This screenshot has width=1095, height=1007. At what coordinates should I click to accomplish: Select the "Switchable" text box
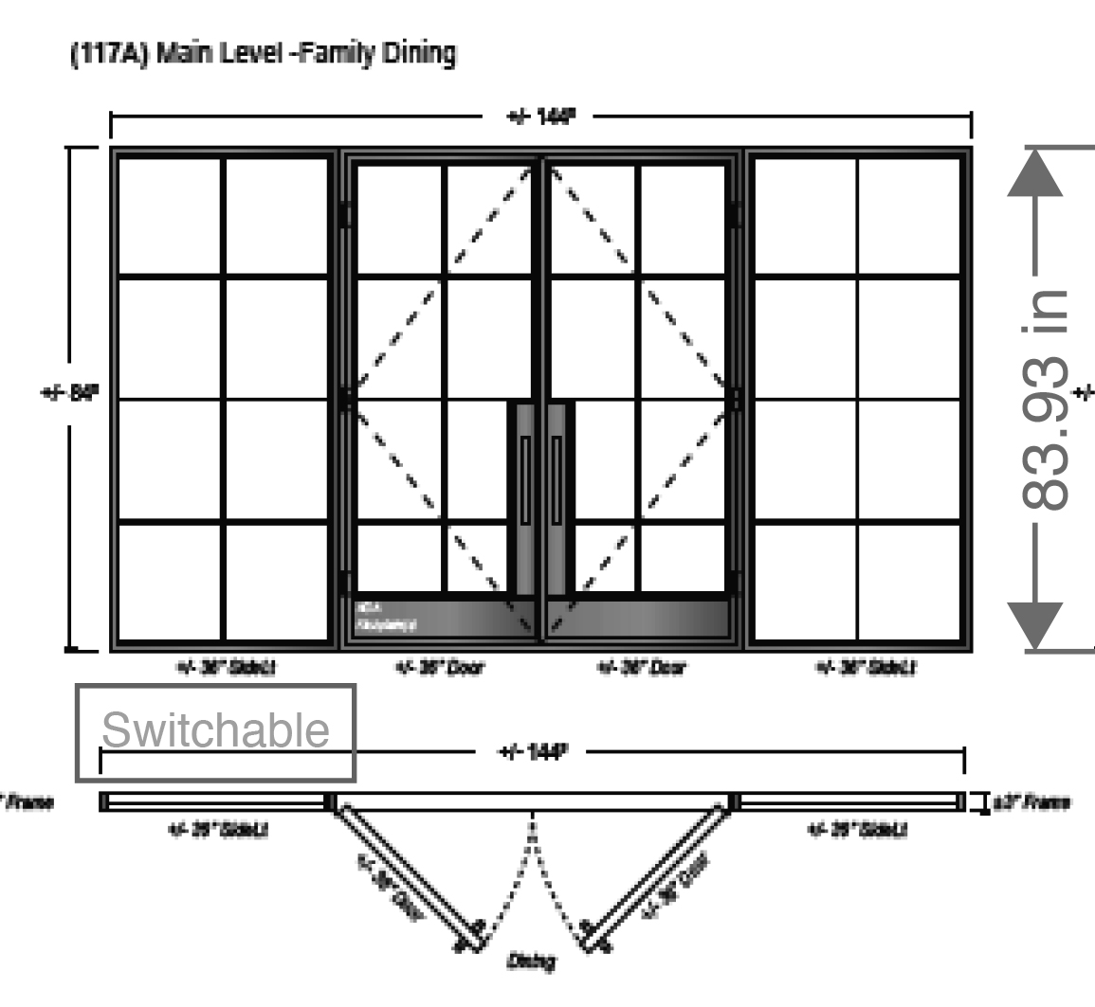pyautogui.click(x=216, y=732)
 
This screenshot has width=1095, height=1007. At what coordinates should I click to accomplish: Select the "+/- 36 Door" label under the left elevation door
pyautogui.click(x=440, y=668)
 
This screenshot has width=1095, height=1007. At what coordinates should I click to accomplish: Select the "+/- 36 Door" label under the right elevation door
pyautogui.click(x=643, y=668)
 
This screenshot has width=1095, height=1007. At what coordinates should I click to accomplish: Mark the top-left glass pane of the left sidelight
pyautogui.click(x=169, y=216)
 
